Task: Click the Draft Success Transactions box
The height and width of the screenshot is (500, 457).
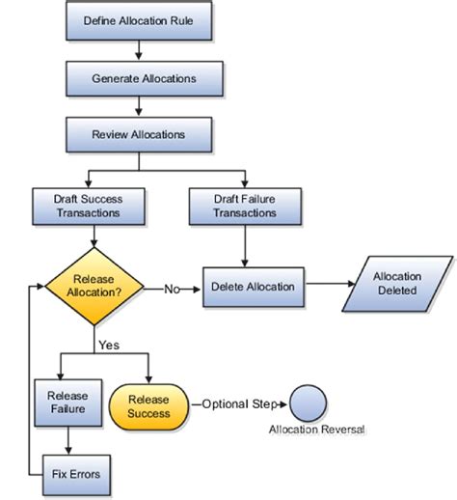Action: coord(89,205)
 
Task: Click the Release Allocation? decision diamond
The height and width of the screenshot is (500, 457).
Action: coord(94,288)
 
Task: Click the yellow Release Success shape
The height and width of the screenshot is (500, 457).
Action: coord(149,405)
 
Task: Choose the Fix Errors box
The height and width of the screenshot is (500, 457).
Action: coord(69,474)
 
